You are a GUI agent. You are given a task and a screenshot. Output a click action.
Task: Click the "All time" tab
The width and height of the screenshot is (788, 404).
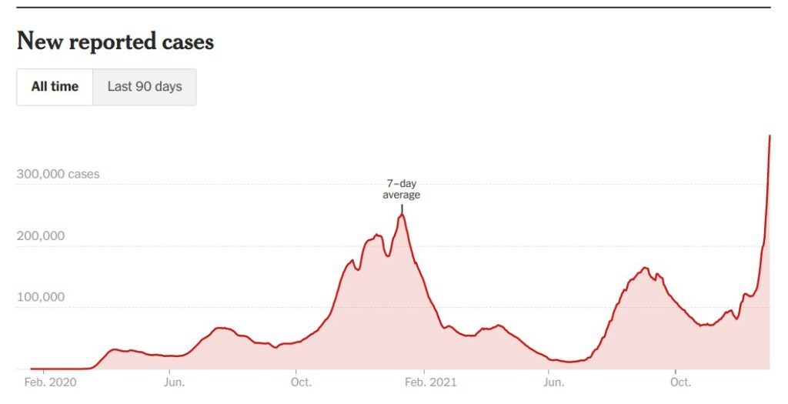click(55, 87)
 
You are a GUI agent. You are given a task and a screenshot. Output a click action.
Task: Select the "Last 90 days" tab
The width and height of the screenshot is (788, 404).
click(145, 87)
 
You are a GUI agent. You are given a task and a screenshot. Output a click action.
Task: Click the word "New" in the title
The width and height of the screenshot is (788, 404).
click(39, 42)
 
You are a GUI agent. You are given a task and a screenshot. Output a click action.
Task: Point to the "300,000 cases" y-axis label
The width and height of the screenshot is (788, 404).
click(58, 174)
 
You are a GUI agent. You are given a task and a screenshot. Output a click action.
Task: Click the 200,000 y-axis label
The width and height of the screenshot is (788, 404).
click(40, 236)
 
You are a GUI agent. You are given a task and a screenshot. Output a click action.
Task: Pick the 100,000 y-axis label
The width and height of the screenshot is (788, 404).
click(40, 297)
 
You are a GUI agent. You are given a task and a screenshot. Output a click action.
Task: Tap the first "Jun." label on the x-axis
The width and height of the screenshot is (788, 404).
click(174, 382)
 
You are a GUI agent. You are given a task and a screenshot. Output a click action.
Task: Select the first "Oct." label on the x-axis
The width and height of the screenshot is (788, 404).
click(301, 382)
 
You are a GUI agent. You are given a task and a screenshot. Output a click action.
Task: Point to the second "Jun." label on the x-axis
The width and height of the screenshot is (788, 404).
click(551, 382)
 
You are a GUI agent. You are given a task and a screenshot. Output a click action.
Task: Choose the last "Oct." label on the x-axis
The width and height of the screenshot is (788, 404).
click(680, 382)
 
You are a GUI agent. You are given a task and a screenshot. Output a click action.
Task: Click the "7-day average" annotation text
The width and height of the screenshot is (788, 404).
click(402, 189)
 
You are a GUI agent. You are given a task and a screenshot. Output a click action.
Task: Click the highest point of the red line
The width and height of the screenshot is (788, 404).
click(770, 136)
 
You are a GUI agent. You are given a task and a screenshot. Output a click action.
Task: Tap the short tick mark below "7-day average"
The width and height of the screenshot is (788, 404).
click(402, 208)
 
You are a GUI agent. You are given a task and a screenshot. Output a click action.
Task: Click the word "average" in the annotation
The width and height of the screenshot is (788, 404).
click(402, 195)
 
